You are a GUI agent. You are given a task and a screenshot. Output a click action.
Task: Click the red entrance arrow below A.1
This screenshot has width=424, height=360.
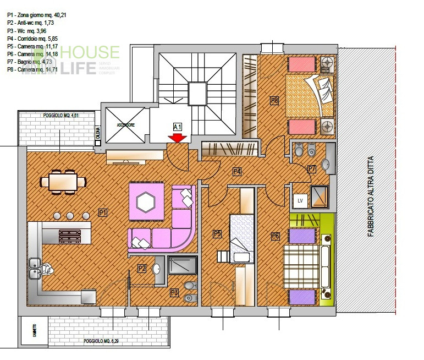coord(177,139)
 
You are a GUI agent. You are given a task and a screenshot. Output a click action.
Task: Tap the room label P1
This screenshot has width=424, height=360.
coord(103,212)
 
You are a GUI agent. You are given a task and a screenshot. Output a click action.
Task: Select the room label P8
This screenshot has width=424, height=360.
coord(274,100)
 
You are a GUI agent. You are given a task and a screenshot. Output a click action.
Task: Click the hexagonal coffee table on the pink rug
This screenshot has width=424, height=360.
coord(146,203)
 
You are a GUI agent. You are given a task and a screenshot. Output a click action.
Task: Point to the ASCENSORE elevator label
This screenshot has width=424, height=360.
coord(125,125)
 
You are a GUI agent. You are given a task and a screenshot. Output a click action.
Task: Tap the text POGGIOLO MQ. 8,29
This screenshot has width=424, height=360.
coord(101,342)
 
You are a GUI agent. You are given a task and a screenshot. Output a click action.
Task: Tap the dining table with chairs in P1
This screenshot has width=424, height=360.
coord(62,182)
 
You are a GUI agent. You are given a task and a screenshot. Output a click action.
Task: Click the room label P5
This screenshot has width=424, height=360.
coord(217,234)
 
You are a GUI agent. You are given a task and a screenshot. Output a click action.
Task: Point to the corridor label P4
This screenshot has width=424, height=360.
coord(237,171)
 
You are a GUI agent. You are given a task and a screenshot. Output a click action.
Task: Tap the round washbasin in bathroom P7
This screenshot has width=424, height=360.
coord(324,164)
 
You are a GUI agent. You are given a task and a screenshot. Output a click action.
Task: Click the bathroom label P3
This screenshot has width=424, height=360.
coord(174,292)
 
